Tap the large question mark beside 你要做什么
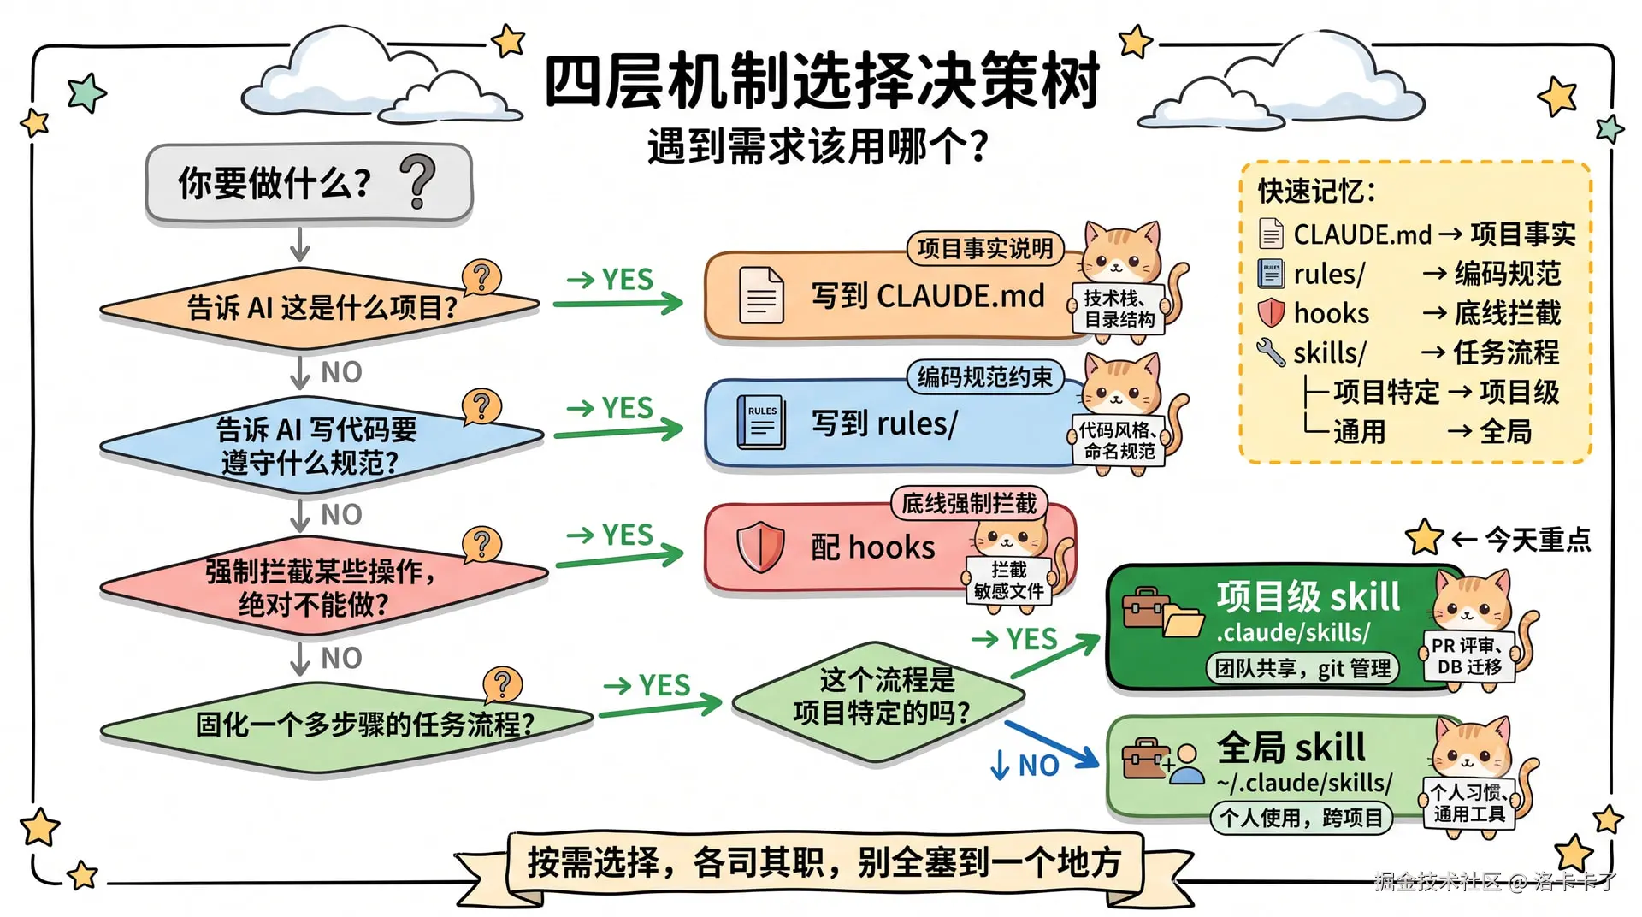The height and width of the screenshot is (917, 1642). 418,181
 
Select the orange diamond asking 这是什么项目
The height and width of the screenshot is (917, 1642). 320,307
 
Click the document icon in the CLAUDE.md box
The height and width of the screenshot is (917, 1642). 760,295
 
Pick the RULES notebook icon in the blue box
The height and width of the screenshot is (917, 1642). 760,423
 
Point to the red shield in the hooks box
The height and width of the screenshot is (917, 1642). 759,547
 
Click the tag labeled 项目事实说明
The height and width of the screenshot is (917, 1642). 984,248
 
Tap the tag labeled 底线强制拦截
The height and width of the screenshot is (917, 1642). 969,503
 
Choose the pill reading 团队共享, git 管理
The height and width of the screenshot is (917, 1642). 1302,668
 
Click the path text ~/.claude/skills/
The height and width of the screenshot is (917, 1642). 1304,783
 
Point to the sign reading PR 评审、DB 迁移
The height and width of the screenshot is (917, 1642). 1469,656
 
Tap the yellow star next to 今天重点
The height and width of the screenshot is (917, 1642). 1425,537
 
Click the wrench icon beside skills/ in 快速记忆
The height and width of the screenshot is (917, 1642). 1271,352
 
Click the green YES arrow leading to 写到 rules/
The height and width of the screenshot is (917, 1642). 619,429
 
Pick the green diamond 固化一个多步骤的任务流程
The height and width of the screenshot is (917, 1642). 346,725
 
